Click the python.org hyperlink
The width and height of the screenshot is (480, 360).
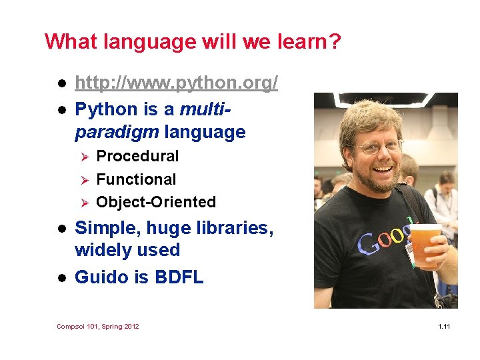click(x=176, y=83)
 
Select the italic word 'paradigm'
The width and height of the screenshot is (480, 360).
click(x=117, y=132)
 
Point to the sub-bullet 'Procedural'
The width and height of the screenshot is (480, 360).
click(x=137, y=156)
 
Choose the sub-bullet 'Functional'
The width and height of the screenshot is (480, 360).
click(x=136, y=179)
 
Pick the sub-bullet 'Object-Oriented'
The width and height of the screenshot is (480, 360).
click(x=156, y=202)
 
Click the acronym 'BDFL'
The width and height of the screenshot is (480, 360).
click(x=178, y=277)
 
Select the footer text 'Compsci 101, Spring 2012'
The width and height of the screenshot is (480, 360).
click(x=98, y=326)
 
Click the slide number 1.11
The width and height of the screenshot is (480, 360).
click(x=444, y=326)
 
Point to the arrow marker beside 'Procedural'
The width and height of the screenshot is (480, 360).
click(x=84, y=157)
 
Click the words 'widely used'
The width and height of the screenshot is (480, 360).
click(x=127, y=251)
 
